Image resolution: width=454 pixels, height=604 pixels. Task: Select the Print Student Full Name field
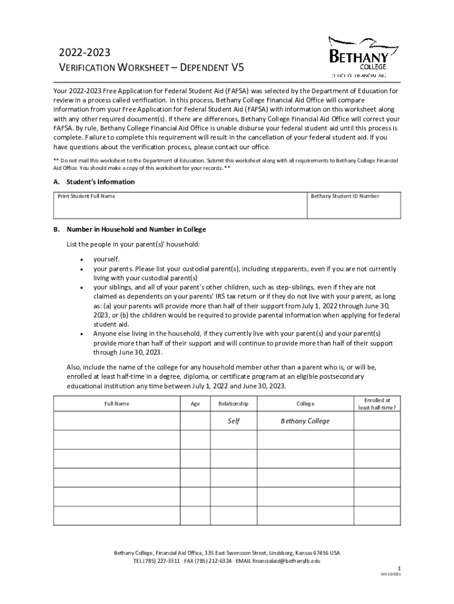point(180,206)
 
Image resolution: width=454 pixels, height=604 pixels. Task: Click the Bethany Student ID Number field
point(353,206)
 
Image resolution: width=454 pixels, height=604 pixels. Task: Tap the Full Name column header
point(117,404)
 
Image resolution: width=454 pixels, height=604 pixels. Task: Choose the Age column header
point(195,404)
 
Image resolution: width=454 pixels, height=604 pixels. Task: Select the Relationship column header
point(234,404)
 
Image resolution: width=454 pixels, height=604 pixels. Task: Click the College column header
point(305,404)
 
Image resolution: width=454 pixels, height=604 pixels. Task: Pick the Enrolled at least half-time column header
point(377,403)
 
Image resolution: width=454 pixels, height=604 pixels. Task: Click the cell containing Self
point(234,421)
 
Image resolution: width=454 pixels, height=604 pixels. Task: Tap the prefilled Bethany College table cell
point(305,421)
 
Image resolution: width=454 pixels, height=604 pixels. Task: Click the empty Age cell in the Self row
point(195,421)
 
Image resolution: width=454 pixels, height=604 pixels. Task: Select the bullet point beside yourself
point(80,259)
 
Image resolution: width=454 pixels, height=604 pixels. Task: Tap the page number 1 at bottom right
point(399,569)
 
